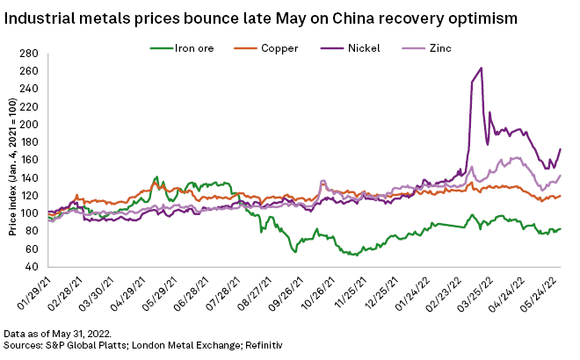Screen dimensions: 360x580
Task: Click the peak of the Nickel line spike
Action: tap(481, 68)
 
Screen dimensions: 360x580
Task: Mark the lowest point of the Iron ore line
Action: tap(354, 255)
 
